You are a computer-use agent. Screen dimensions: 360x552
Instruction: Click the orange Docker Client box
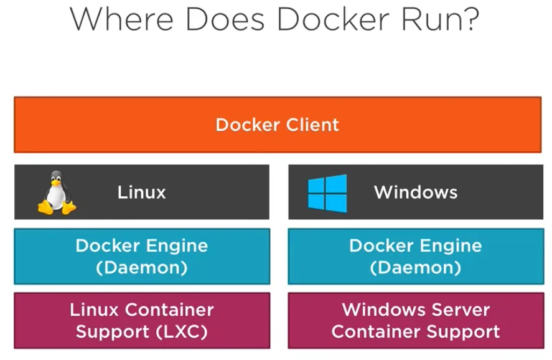point(278,125)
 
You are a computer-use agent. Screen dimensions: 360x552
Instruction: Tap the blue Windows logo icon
point(327,192)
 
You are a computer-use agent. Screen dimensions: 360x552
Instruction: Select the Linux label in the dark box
point(142,192)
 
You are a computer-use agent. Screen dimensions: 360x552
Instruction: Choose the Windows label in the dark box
point(415,192)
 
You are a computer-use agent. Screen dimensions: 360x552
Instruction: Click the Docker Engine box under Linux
point(142,256)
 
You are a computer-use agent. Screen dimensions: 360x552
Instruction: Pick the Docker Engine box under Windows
point(415,256)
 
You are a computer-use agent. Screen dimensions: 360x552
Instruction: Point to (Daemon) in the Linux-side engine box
point(142,267)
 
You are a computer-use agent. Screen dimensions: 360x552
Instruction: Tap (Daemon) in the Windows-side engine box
point(415,267)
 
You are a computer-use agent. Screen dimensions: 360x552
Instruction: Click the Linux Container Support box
point(142,320)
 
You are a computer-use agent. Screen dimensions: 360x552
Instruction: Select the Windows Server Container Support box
point(415,320)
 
